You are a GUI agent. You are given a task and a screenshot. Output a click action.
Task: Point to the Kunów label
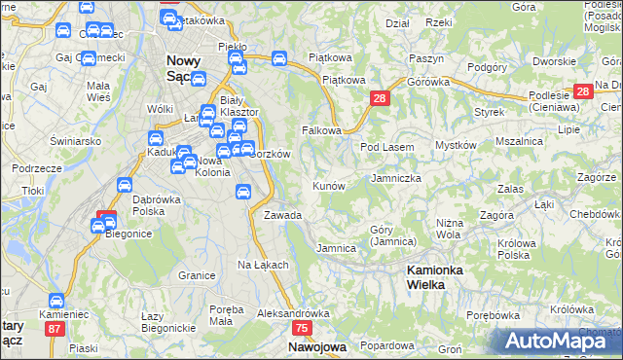(x=329, y=185)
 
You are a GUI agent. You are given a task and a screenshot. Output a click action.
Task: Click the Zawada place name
(x=282, y=215)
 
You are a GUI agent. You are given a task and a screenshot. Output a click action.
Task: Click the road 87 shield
(x=54, y=329)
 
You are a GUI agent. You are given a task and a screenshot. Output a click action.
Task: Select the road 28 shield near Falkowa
(x=380, y=98)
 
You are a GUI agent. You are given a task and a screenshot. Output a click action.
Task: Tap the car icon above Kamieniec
(x=56, y=303)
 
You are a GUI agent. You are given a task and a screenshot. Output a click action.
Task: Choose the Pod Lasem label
(x=387, y=147)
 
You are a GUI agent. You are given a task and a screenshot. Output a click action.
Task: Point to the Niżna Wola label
(x=448, y=228)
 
